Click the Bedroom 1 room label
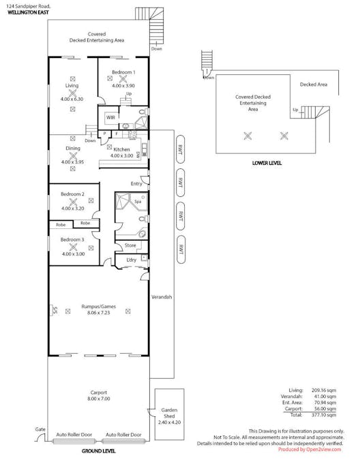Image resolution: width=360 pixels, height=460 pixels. tap(123, 72)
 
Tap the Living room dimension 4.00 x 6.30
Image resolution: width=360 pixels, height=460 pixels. tap(72, 99)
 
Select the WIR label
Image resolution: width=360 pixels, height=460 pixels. tap(110, 118)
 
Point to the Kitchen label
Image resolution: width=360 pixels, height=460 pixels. tap(121, 149)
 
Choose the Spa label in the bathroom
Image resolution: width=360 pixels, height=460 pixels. tap(137, 202)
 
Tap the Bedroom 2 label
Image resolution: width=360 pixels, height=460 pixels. tap(72, 194)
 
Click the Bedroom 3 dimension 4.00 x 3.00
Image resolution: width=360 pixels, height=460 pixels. tap(72, 254)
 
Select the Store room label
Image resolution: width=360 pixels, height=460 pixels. tap(130, 245)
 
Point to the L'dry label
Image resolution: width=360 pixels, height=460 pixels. tap(131, 260)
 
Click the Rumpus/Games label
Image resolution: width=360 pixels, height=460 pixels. tap(99, 307)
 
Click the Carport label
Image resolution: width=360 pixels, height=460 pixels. tap(99, 393)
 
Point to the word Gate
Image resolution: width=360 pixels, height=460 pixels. tap(40, 430)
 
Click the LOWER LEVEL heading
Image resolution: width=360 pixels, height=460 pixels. tap(267, 164)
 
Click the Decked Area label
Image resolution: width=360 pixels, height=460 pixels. tap(314, 85)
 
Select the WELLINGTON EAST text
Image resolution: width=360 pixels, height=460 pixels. tap(28, 12)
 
